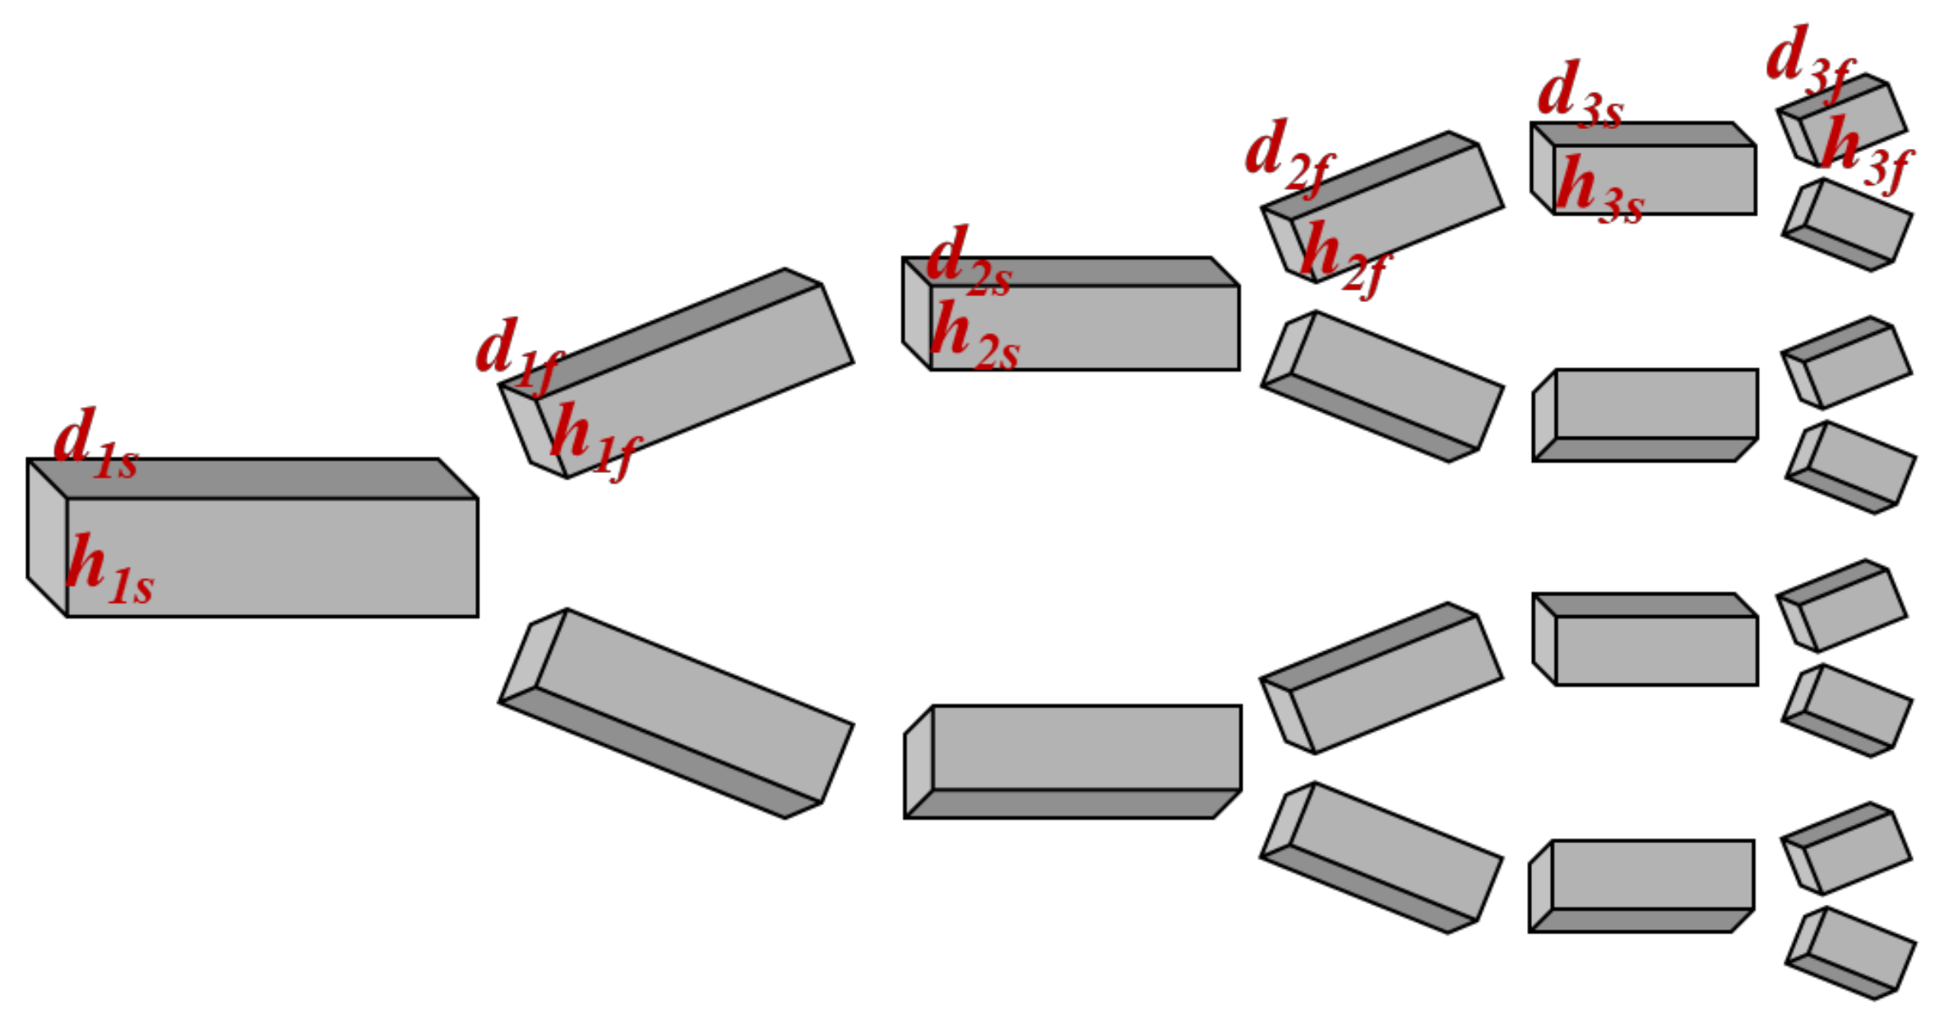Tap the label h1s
pos(110,569)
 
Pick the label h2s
pos(975,335)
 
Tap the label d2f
pos(1290,157)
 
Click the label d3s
pos(1581,95)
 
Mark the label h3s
pos(1600,190)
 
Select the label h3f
pos(1867,154)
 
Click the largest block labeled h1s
pos(252,537)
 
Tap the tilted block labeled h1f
pos(676,373)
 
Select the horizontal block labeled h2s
pos(1071,313)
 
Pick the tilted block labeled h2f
pos(1382,207)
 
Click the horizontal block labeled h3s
pos(1643,169)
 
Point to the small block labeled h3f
pos(1841,120)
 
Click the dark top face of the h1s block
pos(252,479)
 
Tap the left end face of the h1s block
pos(47,537)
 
